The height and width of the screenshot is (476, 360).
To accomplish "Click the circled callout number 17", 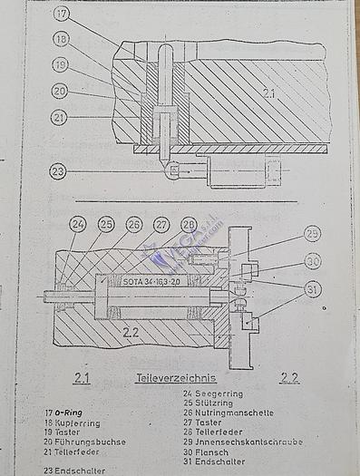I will coord(60,15).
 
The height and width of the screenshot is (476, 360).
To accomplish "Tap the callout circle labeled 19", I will coord(60,65).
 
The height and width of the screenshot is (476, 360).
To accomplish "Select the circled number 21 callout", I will coord(60,116).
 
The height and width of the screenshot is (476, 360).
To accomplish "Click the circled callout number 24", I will coord(78,225).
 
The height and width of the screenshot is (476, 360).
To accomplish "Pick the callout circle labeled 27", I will coord(162,225).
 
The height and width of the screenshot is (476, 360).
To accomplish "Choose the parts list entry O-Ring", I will coord(70,413).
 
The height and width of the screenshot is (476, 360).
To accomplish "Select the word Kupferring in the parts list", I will coord(78,423).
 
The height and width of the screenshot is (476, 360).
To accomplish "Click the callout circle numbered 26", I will coord(134,225).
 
